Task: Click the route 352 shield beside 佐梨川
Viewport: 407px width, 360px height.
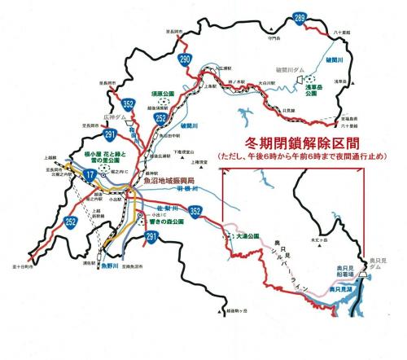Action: coord(195,210)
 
